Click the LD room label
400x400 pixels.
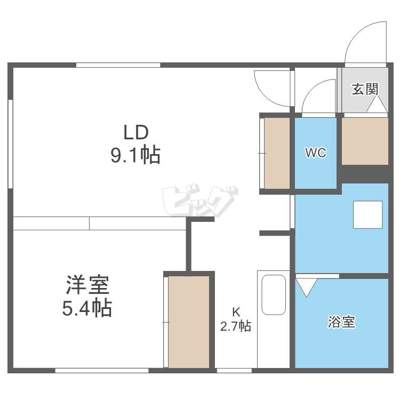pos(135,132)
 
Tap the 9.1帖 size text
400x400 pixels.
pos(135,155)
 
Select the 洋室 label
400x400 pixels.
pos(87,285)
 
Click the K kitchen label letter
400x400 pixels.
pos(236,312)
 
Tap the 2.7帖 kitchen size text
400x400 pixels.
pos(236,326)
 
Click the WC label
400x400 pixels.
pos(316,153)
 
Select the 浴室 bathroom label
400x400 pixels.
pos(341,322)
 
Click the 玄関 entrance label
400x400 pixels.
pos(365,89)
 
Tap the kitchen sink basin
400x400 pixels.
pos(274,294)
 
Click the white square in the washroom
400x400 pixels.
pos(367,214)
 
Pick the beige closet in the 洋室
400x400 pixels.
pos(189,322)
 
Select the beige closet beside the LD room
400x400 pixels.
pos(277,153)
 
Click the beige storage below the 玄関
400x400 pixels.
pos(365,141)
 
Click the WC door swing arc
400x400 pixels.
pos(312,89)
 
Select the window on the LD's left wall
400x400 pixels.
pos(11,144)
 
